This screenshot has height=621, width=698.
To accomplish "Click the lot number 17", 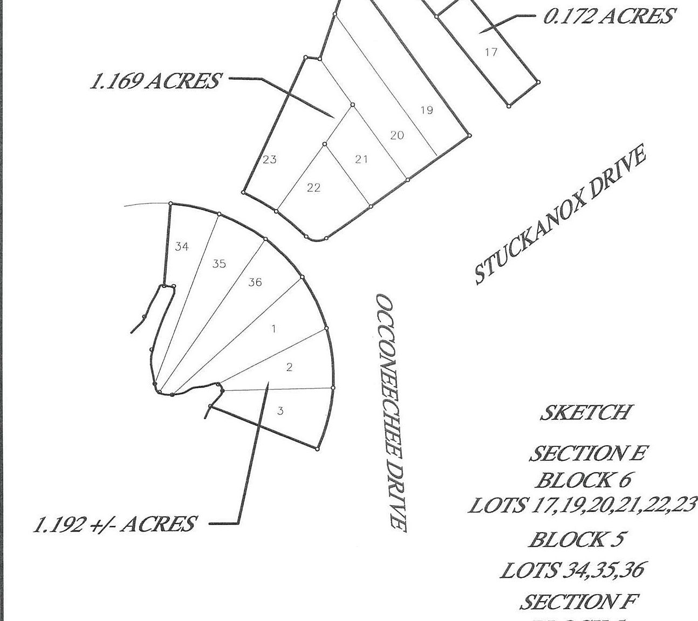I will click(491, 52).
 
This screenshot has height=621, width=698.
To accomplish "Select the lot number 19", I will click(426, 111).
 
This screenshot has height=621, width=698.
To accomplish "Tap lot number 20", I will click(396, 135).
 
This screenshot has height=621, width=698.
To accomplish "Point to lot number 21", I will click(361, 159).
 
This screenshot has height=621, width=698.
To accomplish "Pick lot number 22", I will click(313, 188).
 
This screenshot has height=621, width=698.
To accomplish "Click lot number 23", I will click(270, 160).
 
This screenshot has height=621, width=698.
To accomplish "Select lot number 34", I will click(182, 247).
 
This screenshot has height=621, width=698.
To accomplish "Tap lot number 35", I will click(219, 264).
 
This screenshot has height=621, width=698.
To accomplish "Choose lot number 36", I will click(255, 282).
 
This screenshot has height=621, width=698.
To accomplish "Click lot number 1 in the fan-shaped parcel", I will click(273, 329).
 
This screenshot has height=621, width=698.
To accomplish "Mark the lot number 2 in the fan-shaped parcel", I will click(290, 368).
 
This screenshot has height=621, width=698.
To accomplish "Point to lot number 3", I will click(280, 411).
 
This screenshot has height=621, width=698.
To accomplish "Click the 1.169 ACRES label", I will click(155, 81).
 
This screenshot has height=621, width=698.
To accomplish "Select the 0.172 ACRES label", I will click(608, 17).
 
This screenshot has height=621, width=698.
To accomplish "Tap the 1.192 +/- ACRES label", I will click(114, 524).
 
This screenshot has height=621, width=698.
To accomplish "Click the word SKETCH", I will click(585, 412).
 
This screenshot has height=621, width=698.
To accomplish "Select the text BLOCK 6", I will click(584, 479).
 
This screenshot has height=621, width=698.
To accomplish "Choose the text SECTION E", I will click(586, 453).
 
